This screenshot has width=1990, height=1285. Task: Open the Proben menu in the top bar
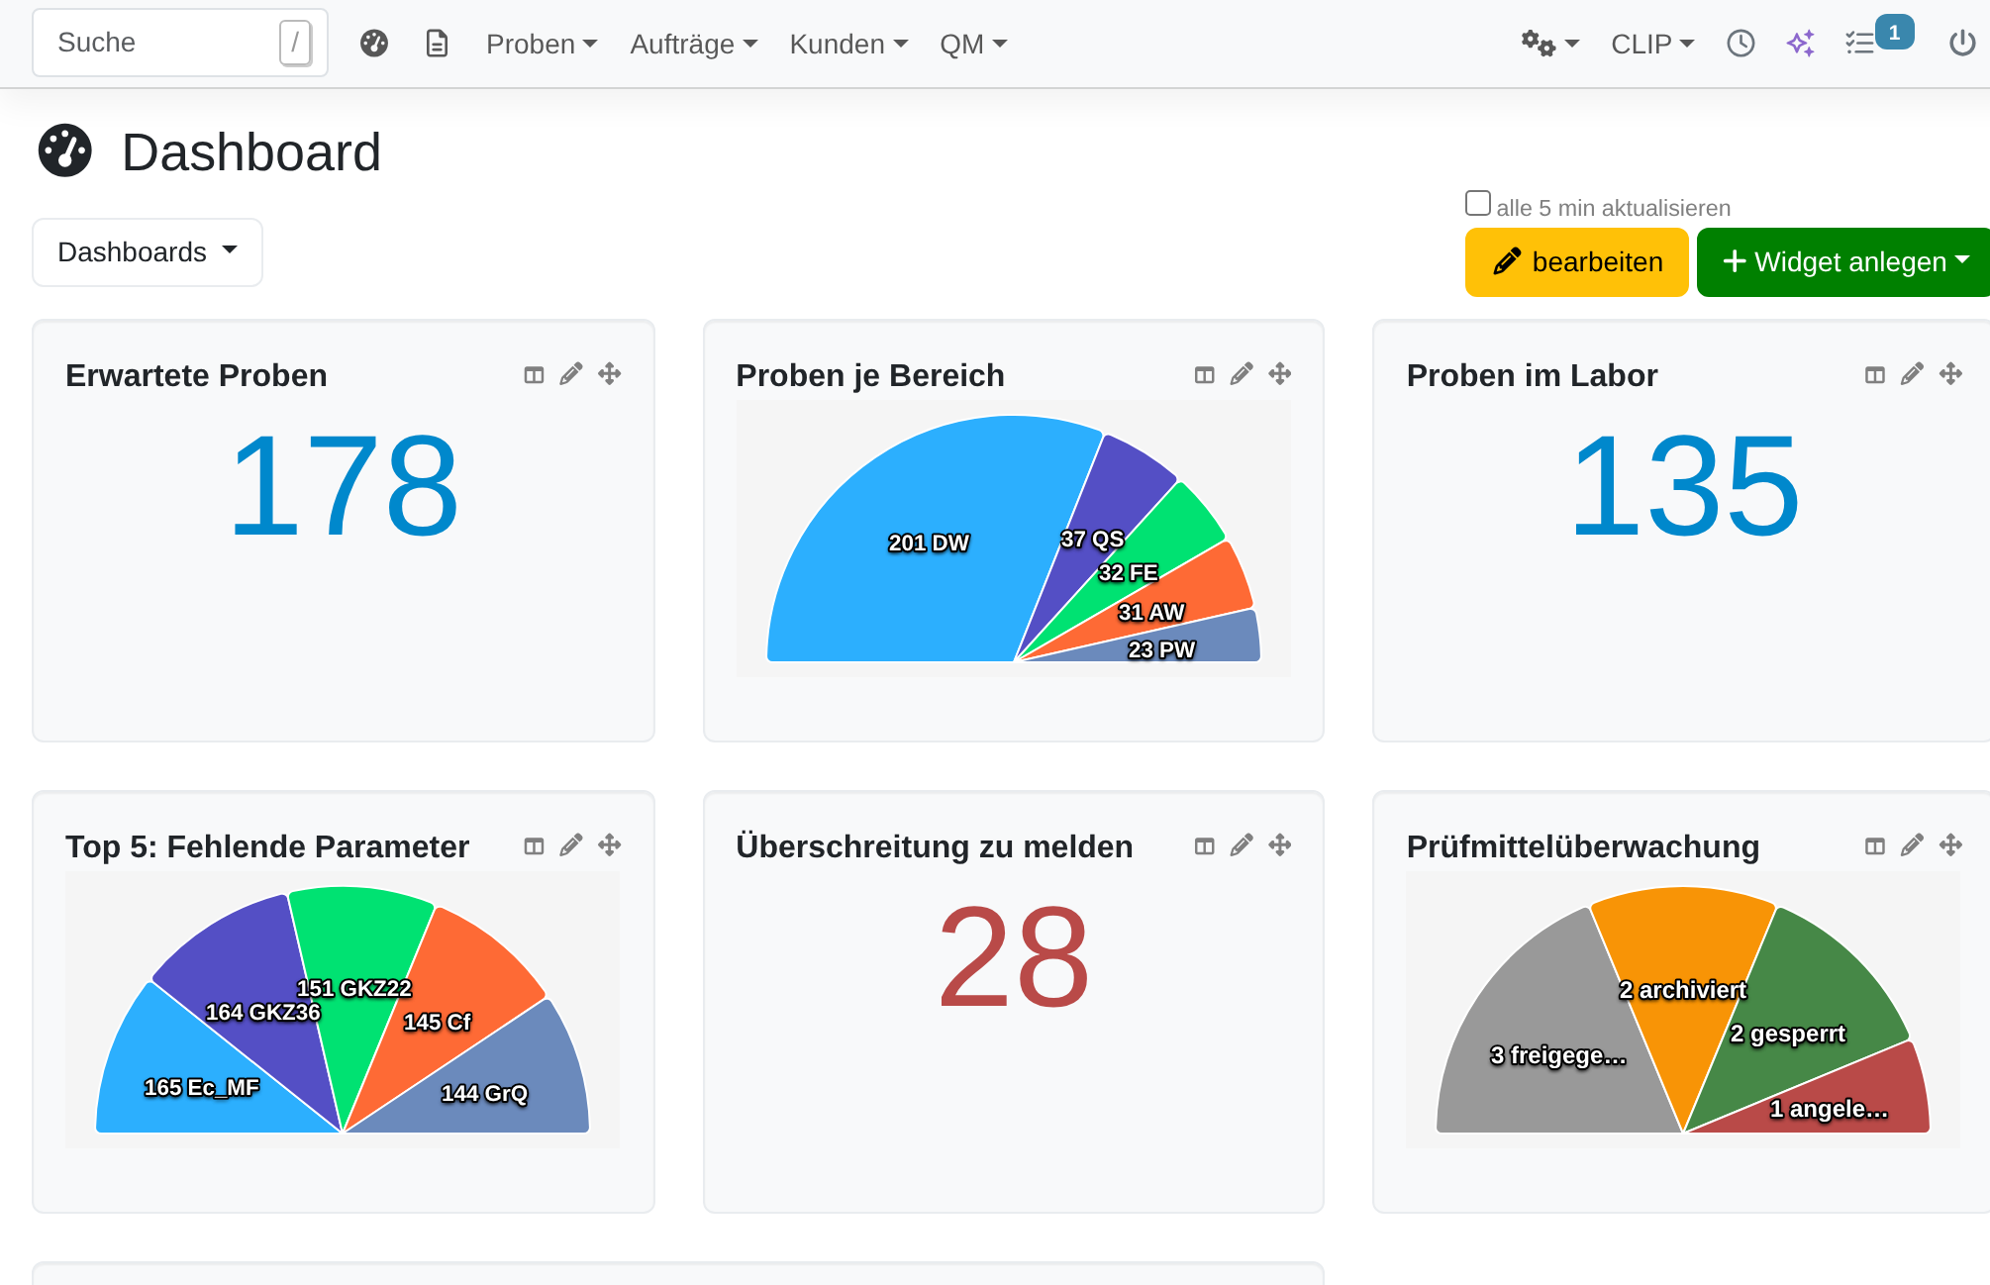coord(542,44)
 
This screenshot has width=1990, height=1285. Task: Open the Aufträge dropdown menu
coord(693,44)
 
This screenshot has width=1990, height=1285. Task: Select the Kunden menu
coord(848,44)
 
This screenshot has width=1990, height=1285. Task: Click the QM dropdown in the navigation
coord(973,44)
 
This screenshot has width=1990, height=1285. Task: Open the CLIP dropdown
coord(1652,44)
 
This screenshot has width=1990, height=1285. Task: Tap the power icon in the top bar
coord(1962,44)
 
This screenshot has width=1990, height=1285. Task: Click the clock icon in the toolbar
coord(1741,44)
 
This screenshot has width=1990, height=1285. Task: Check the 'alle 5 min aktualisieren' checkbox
coord(1478,203)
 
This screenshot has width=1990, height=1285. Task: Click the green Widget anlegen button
coord(1843,262)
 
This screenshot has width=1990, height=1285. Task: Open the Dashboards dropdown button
coord(148,252)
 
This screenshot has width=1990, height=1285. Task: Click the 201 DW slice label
coord(929,543)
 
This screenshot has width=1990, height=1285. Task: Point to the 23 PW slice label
coord(1161,649)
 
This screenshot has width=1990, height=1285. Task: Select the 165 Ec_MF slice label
coord(201,1087)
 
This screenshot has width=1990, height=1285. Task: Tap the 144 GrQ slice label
coord(484,1093)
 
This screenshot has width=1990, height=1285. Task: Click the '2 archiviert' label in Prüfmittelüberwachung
coord(1682,990)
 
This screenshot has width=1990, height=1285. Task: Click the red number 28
coord(1014,958)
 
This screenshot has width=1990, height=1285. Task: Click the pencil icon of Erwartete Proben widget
coord(571,374)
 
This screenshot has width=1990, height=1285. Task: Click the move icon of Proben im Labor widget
coord(1950,374)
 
